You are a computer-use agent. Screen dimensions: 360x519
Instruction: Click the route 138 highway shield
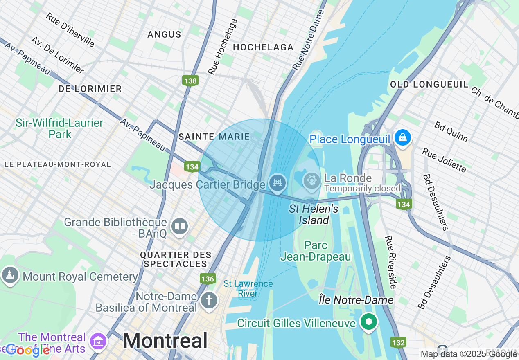tap(191, 81)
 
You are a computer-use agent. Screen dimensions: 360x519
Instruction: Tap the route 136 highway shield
tap(208, 279)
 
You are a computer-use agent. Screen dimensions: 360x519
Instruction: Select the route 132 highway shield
tap(399, 342)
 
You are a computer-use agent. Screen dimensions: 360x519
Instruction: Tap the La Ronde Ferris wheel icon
tap(311, 180)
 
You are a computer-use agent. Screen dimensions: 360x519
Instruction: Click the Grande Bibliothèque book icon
tap(180, 227)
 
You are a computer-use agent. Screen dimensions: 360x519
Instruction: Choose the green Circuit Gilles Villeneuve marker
tap(369, 322)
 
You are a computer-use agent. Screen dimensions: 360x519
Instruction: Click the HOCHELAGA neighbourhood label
tap(263, 47)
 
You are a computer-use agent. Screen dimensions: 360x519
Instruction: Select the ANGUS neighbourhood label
tap(165, 34)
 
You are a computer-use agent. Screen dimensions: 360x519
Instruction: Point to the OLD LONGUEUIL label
tap(429, 84)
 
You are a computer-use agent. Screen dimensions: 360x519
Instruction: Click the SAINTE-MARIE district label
tap(214, 137)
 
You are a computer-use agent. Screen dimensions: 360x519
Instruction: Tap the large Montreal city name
tap(165, 340)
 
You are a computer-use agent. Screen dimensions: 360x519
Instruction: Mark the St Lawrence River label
tap(248, 288)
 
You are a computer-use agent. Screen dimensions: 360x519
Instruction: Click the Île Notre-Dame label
tap(356, 300)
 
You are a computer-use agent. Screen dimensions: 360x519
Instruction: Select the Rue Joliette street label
tap(444, 160)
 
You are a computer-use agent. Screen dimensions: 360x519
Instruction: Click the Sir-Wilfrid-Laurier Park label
tap(60, 128)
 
